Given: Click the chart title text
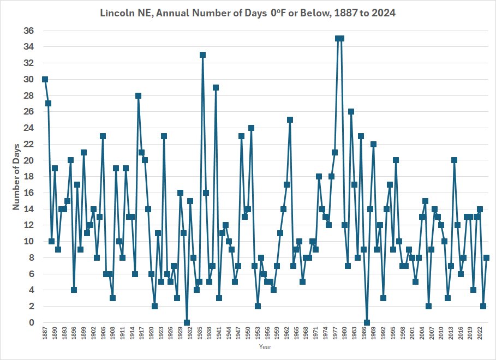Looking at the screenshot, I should point(248,12).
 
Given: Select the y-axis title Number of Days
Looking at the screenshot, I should point(17,176).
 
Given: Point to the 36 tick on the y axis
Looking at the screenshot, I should point(27,31).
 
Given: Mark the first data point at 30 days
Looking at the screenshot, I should point(45,79).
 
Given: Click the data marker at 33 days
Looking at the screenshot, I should point(202,55).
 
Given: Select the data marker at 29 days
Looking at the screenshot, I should point(216,87).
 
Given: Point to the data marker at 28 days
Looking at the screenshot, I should point(138,95).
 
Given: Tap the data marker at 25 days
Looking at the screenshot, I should point(290,119).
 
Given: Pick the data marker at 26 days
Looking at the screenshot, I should point(351,111).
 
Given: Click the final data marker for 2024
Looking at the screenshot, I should point(486,257).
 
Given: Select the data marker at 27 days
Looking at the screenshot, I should point(48,103).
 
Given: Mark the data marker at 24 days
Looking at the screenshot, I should point(251,128).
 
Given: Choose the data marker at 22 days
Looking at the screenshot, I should point(373,144).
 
